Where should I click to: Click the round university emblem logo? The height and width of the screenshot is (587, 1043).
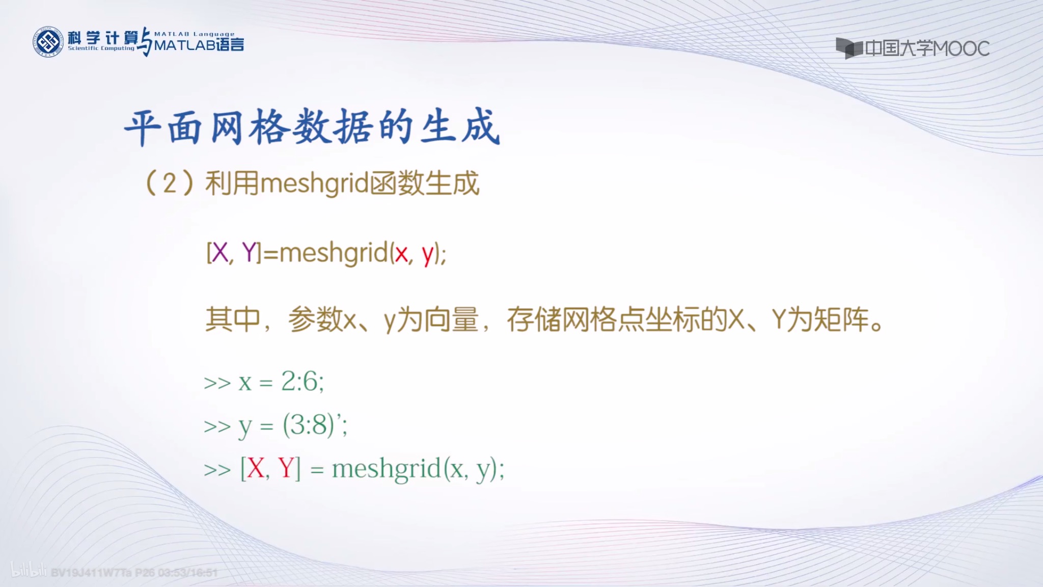pos(48,41)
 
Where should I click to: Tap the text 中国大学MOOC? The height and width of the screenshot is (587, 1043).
pos(927,49)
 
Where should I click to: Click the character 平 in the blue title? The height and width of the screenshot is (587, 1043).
pos(143,127)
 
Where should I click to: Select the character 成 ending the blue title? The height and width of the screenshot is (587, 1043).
pos(480,127)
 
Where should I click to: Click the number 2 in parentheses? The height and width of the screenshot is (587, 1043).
pos(170,183)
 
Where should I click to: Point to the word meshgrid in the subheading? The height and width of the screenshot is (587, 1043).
pos(314,183)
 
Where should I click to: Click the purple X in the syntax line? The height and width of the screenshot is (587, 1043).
pos(220,253)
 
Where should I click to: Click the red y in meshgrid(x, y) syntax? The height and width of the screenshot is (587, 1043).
pos(427,254)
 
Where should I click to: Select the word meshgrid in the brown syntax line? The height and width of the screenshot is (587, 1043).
pos(334,253)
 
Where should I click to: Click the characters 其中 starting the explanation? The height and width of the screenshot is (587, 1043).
pos(233,320)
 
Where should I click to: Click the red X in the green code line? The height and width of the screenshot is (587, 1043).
pos(255,468)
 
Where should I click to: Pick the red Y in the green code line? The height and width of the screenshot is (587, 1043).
pos(286,468)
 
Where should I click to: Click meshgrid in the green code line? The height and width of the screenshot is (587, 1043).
pos(386,468)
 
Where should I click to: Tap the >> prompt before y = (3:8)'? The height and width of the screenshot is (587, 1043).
pos(217,426)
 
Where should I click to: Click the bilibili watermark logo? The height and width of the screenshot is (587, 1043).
pos(29,570)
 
